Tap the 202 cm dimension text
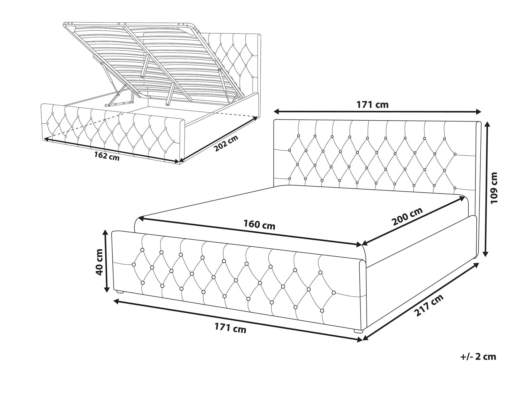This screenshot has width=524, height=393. click(x=227, y=144)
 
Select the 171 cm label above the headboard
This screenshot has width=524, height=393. click(x=372, y=105)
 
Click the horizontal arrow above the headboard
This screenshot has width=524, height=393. click(x=377, y=112)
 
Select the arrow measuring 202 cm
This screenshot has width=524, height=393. click(x=219, y=139)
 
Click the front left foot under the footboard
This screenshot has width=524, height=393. click(x=119, y=291)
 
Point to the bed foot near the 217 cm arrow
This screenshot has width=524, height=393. click(x=358, y=331)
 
